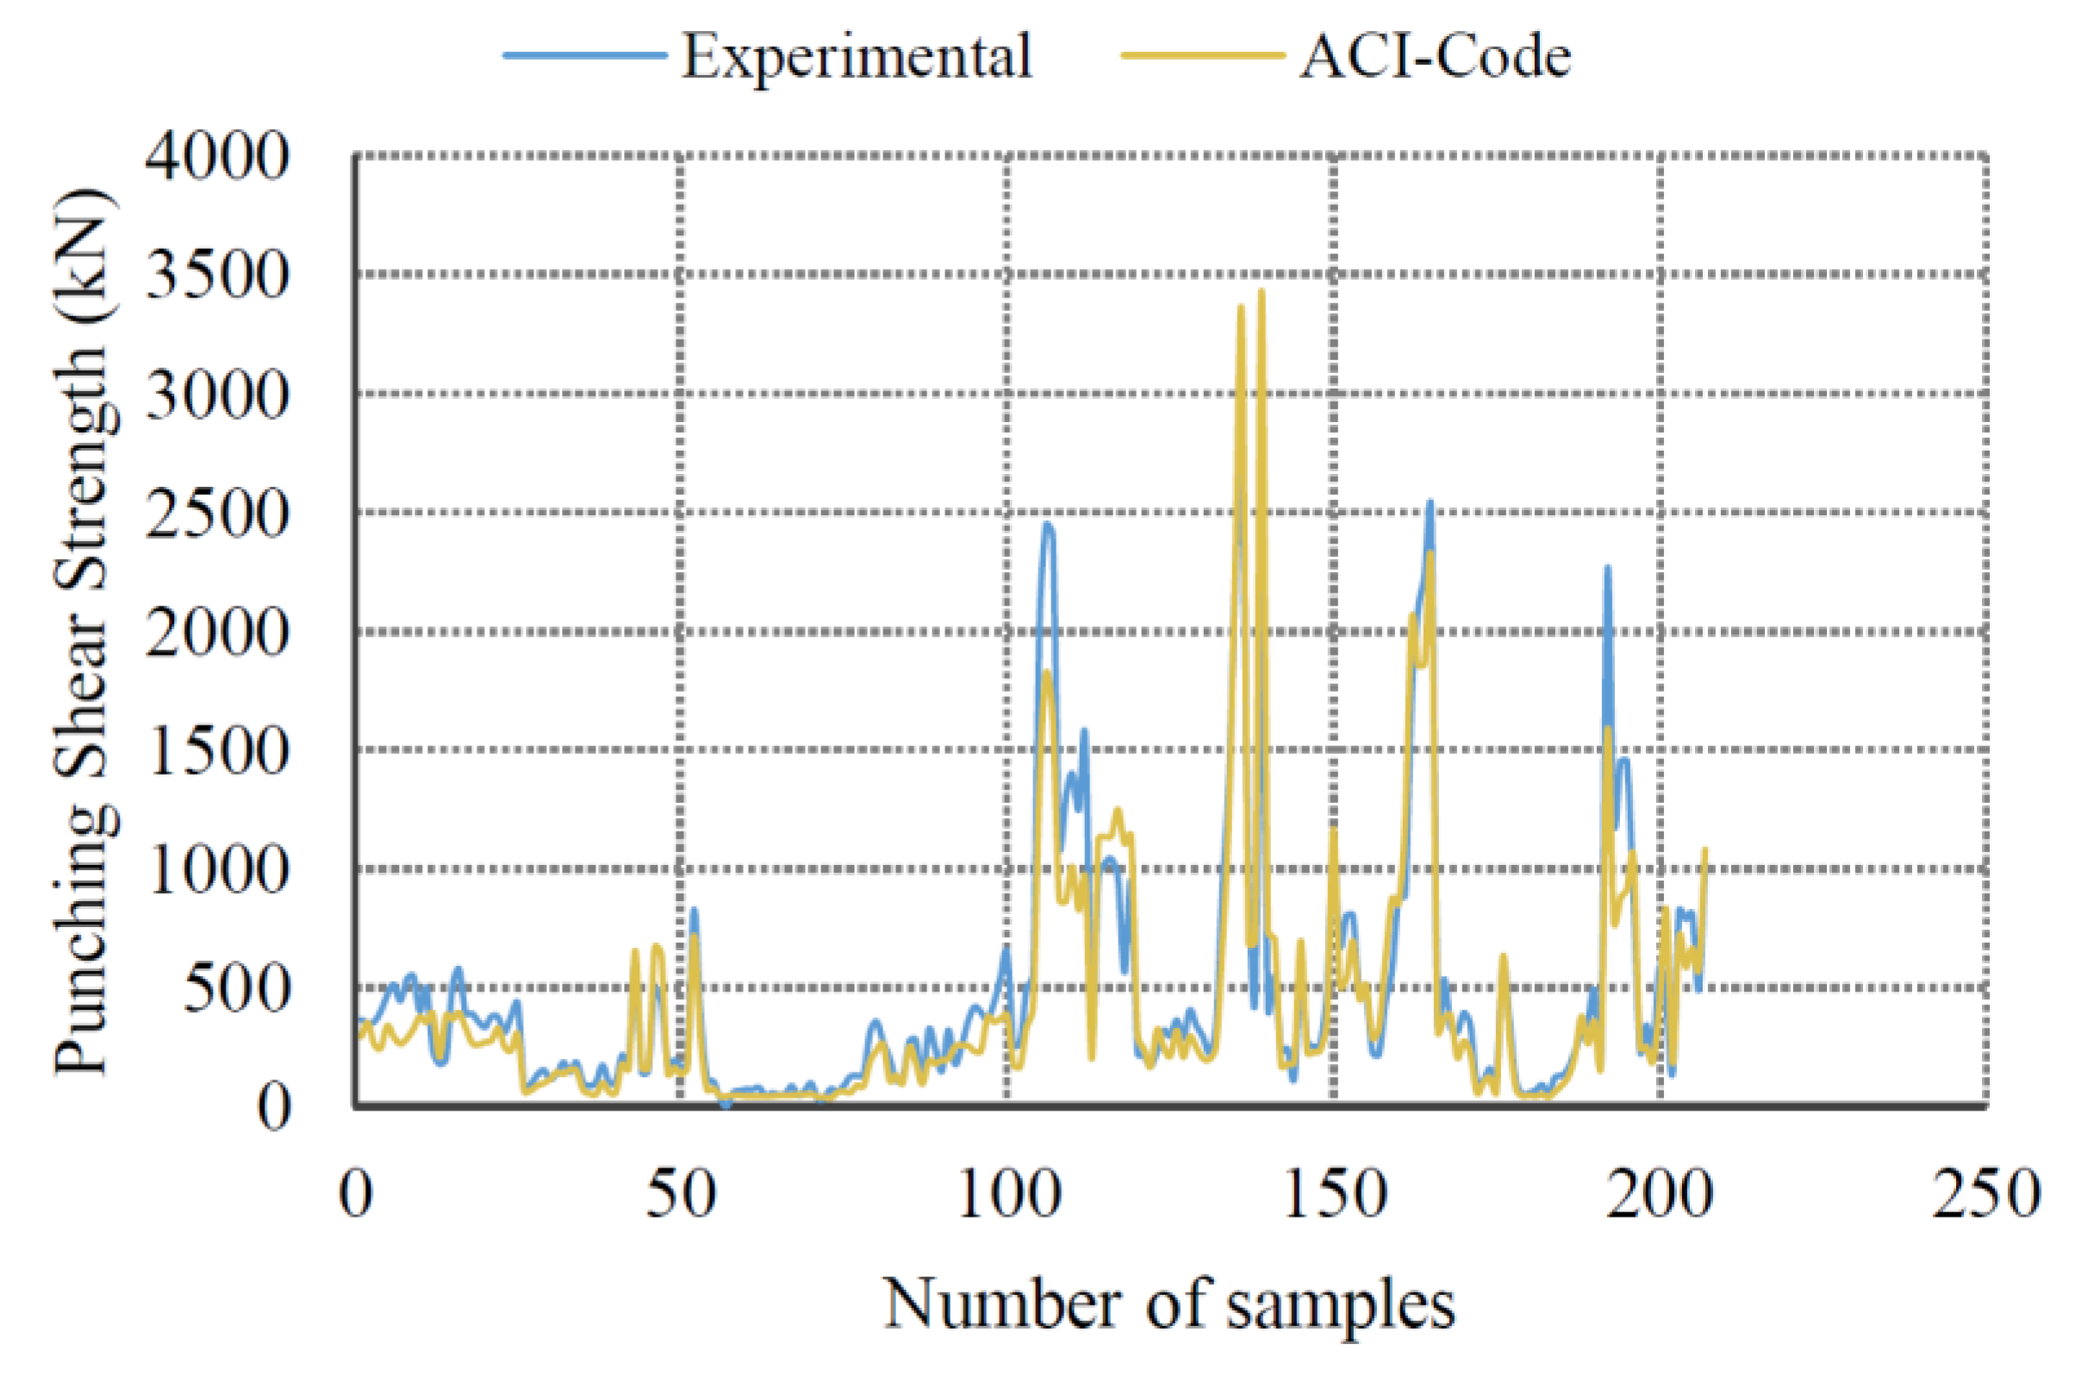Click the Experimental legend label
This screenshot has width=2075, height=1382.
[x=855, y=57]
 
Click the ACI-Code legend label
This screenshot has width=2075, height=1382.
[x=1434, y=57]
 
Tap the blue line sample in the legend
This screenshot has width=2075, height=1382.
[x=584, y=55]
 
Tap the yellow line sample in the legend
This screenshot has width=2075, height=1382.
[x=1201, y=55]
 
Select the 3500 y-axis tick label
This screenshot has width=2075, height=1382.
[x=216, y=277]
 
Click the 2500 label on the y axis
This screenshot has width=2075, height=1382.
[x=216, y=514]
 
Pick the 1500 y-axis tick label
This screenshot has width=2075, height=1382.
[x=216, y=752]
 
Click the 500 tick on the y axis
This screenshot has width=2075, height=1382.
[x=235, y=989]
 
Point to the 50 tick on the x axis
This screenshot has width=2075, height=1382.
[x=681, y=1197]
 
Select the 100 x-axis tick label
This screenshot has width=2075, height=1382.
[x=1007, y=1197]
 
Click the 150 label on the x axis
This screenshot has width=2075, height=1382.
[x=1334, y=1197]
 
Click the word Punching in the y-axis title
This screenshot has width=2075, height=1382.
[x=84, y=943]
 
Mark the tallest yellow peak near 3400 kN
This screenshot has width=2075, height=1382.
[x=1262, y=293]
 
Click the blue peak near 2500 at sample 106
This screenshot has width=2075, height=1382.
[x=1047, y=526]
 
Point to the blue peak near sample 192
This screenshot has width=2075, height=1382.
[x=1607, y=569]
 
